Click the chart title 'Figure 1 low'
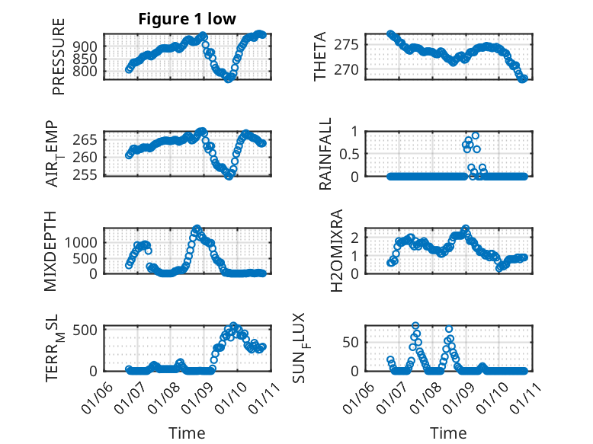pyautogui.click(x=187, y=18)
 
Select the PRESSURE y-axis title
pyautogui.click(x=59, y=56)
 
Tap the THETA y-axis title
pyautogui.click(x=321, y=56)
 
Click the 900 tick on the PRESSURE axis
pyautogui.click(x=88, y=46)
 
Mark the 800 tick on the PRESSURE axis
pyautogui.click(x=88, y=72)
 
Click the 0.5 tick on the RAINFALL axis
pyautogui.click(x=345, y=154)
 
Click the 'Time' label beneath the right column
pyautogui.click(x=449, y=433)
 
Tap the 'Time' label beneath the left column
pyautogui.click(x=187, y=433)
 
